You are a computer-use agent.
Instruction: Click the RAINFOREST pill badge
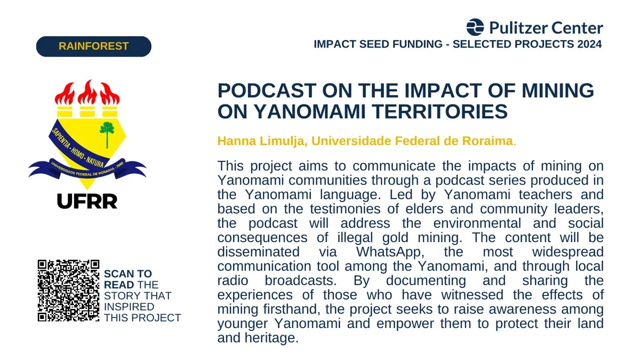pos(94,46)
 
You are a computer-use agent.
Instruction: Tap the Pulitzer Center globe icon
pos(475,27)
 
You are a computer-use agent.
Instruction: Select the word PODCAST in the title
pos(267,91)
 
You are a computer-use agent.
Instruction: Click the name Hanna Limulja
pos(261,141)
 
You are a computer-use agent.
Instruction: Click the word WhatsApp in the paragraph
pos(390,252)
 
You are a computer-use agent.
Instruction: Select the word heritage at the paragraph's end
pos(271,338)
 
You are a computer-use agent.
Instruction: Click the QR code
pos(69,291)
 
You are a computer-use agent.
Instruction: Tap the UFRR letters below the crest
pos(87,201)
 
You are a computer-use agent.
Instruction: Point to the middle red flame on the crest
pos(87,93)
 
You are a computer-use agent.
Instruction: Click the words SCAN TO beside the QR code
pos(127,274)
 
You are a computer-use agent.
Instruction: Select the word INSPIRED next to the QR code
pos(129,307)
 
